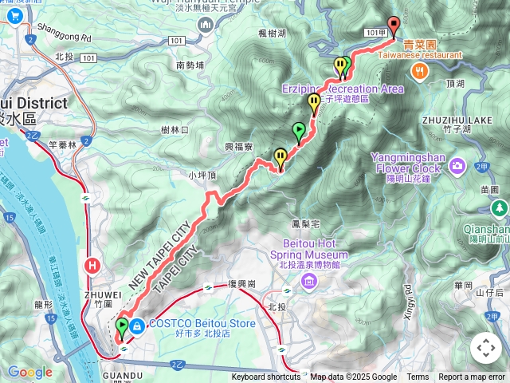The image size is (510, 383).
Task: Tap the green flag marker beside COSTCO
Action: coord(122,326)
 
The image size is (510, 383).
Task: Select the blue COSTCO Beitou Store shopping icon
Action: coord(137,326)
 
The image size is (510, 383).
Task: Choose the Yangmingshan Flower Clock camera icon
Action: coord(457,165)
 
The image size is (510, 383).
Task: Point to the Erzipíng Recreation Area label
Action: coord(342,89)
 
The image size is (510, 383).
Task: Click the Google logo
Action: coord(29,372)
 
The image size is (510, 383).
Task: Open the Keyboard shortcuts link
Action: coord(266,377)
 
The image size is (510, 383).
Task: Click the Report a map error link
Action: coord(473,377)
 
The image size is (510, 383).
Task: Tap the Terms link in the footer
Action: coord(418,377)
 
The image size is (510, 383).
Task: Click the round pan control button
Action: coord(485,348)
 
